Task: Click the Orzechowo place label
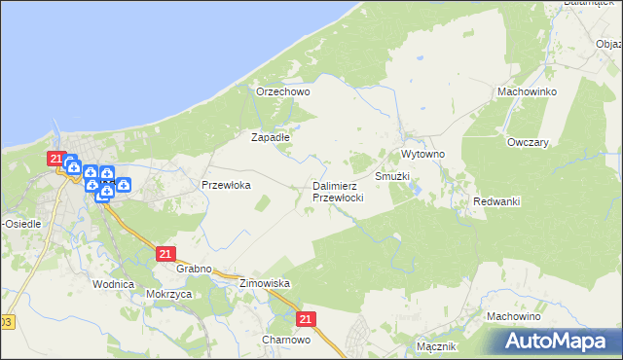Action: pos(282,91)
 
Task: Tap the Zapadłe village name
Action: pos(271,137)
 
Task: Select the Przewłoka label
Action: pos(226,184)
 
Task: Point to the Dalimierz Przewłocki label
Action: pos(338,191)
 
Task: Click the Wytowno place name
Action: pos(422,155)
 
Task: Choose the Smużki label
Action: pos(392,177)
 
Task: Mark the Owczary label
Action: pos(528,142)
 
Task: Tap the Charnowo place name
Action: pos(285,341)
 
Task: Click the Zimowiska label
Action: pos(266,283)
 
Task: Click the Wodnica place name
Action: pos(112,284)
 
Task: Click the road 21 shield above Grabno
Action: pos(165,253)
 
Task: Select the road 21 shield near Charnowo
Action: pos(307,318)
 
